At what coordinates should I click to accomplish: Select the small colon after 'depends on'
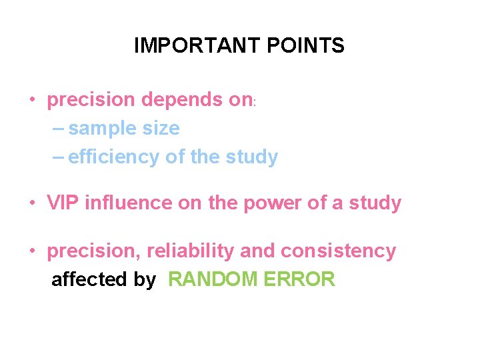click(255, 103)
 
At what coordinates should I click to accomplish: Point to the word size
click(159, 128)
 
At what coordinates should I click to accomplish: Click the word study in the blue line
click(251, 157)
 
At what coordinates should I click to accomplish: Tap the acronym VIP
click(62, 203)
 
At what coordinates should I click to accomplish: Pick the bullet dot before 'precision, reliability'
click(32, 252)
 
